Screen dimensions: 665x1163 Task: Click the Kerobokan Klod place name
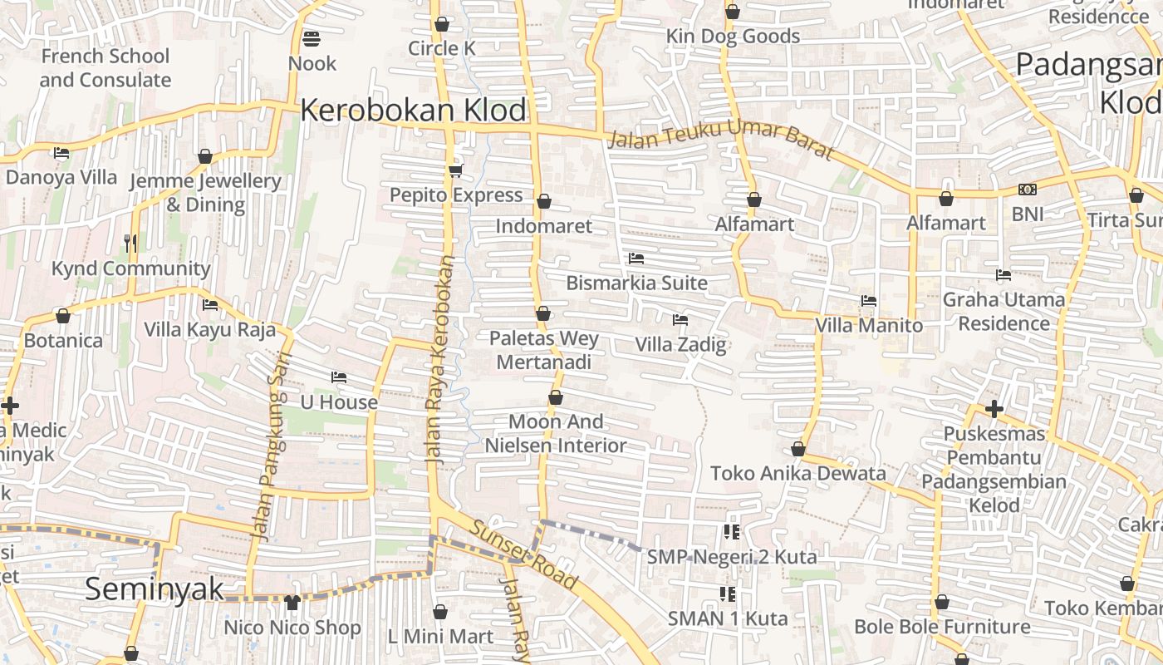(x=414, y=110)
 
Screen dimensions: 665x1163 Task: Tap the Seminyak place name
(x=155, y=589)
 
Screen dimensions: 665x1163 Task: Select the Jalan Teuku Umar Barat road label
(x=719, y=138)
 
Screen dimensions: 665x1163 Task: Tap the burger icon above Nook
(x=312, y=38)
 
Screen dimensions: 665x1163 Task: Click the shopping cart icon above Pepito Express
(x=454, y=170)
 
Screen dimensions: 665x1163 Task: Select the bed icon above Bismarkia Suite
(x=636, y=259)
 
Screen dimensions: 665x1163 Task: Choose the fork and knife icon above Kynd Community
(x=130, y=244)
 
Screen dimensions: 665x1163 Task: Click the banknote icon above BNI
(x=1028, y=190)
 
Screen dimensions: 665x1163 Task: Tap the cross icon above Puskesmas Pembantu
(x=994, y=409)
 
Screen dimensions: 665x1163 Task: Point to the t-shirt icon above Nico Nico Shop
(x=292, y=602)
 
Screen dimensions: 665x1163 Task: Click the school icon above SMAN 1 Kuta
(x=728, y=594)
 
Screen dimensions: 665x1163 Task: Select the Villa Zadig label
(x=680, y=344)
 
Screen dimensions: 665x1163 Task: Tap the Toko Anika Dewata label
(x=797, y=473)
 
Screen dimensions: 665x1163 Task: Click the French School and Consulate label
(x=105, y=68)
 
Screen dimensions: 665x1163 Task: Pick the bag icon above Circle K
(x=442, y=24)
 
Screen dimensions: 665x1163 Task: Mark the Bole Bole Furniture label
(x=942, y=626)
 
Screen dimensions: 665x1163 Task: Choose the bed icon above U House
(x=338, y=377)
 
